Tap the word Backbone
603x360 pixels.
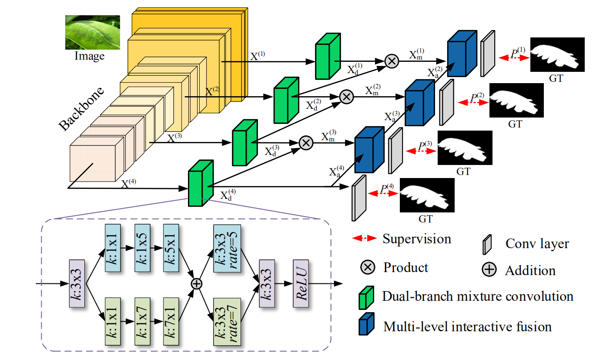tap(81, 109)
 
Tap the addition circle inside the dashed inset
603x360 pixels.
tap(197, 284)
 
